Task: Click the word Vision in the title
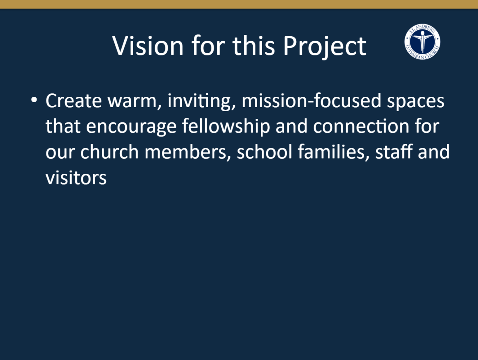click(148, 46)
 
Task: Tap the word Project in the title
click(324, 47)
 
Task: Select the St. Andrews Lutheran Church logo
click(422, 42)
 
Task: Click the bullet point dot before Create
click(34, 100)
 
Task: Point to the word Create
click(74, 100)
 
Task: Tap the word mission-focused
click(311, 100)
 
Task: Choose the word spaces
click(415, 102)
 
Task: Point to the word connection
click(361, 126)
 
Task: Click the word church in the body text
click(109, 151)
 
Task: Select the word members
click(188, 152)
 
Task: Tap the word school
click(264, 151)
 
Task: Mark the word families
click(333, 152)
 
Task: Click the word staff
click(394, 151)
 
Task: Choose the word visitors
click(76, 177)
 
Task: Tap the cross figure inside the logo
click(423, 42)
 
